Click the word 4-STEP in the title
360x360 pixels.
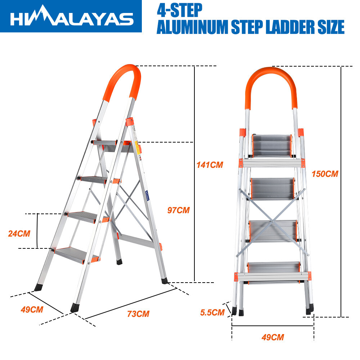coord(180,10)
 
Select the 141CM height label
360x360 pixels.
coord(210,165)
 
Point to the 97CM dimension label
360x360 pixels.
coord(179,210)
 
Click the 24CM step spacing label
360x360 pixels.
coord(19,234)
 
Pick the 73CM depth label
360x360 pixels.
coord(138,314)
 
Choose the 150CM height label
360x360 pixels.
coord(325,174)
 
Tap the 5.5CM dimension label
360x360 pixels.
coord(212,312)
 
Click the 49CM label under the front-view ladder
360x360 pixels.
coord(273,337)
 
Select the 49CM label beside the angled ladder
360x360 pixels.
coord(32,310)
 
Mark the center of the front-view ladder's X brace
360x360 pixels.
coord(272,221)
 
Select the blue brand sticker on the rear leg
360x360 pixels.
coord(147,195)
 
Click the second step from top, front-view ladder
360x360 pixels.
coord(273,189)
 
